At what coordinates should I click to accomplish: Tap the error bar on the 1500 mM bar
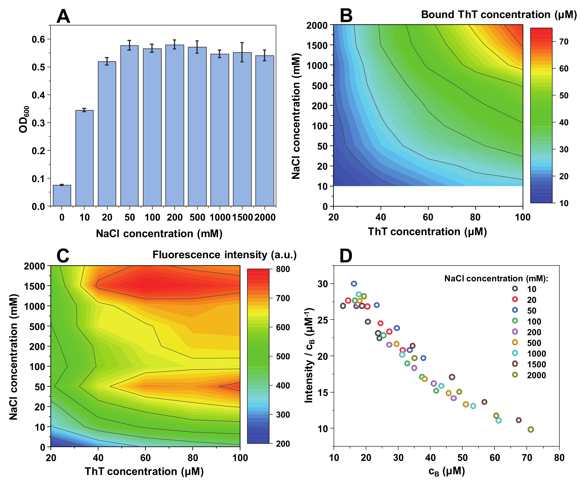click(242, 52)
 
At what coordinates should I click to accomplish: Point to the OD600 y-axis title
click(24, 119)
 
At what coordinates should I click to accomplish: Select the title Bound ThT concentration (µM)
click(499, 15)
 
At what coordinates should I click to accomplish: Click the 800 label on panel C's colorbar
click(283, 269)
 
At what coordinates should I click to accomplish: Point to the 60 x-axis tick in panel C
click(146, 458)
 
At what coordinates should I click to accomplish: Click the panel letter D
click(346, 256)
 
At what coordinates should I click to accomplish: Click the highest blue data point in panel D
click(354, 284)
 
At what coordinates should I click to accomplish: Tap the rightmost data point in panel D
click(531, 429)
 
